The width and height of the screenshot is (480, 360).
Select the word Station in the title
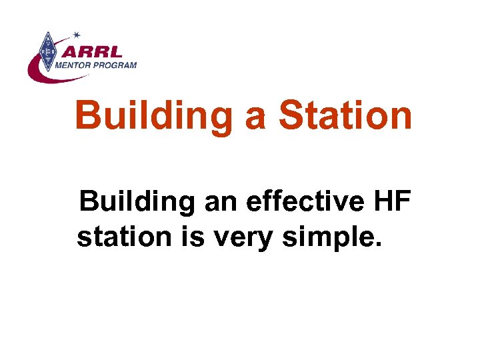click(345, 115)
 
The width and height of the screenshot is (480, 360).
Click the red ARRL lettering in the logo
click(91, 51)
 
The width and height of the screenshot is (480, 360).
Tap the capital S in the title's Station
click(291, 115)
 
